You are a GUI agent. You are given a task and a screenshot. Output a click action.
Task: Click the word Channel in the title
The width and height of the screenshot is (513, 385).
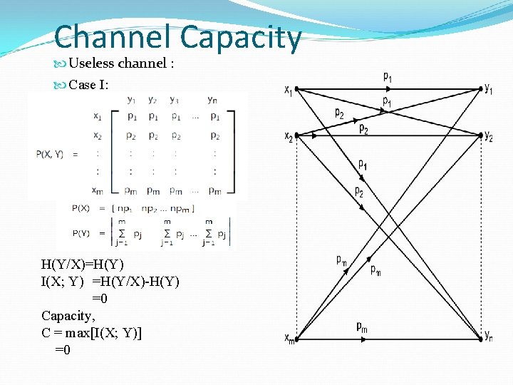pyautogui.click(x=113, y=38)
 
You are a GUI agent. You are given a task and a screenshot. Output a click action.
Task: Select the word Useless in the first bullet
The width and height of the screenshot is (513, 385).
pyautogui.click(x=91, y=63)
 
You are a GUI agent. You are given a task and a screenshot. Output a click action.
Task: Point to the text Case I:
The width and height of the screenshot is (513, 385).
pyautogui.click(x=88, y=85)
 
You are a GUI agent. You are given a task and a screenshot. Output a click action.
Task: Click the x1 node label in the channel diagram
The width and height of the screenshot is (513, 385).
pyautogui.click(x=288, y=90)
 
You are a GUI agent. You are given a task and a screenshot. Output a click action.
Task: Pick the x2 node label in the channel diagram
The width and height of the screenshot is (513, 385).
pyautogui.click(x=288, y=135)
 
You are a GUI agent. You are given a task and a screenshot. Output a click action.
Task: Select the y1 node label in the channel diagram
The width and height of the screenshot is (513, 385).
pyautogui.click(x=489, y=88)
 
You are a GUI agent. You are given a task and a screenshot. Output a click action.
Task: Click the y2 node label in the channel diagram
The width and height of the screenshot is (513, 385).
pyautogui.click(x=489, y=136)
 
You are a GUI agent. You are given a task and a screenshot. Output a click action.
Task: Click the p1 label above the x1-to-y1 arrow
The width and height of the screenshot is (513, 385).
pyautogui.click(x=387, y=76)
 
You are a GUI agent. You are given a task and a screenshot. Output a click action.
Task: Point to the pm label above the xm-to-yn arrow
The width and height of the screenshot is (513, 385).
pyautogui.click(x=363, y=327)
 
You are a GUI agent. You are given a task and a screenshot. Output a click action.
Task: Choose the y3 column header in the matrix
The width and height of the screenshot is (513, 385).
pyautogui.click(x=175, y=100)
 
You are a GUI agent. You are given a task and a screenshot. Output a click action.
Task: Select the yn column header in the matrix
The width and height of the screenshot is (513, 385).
pyautogui.click(x=212, y=100)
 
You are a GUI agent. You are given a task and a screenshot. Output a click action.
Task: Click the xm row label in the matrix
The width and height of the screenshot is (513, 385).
pyautogui.click(x=97, y=190)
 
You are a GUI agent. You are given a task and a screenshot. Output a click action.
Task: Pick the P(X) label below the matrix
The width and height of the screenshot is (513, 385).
pyautogui.click(x=81, y=208)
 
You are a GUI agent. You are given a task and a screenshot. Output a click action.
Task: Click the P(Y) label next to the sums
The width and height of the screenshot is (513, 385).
pyautogui.click(x=81, y=232)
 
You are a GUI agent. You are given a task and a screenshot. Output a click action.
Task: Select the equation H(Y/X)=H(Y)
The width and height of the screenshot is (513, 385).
pyautogui.click(x=83, y=265)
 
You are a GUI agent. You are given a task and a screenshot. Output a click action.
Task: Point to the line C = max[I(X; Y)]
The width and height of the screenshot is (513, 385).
pyautogui.click(x=92, y=333)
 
